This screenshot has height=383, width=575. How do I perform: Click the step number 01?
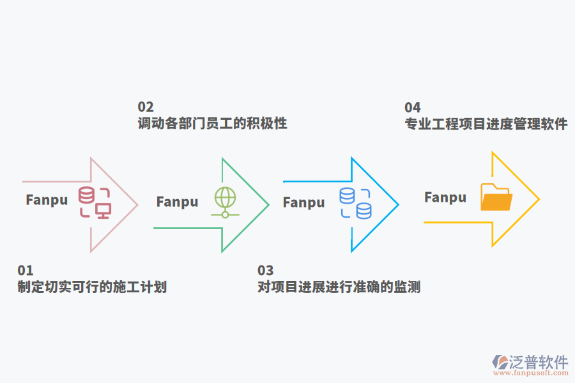pyautogui.click(x=26, y=271)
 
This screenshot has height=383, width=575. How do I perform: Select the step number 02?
pyautogui.click(x=146, y=107)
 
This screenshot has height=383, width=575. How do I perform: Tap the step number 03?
pyautogui.click(x=265, y=271)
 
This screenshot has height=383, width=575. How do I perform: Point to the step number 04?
pyautogui.click(x=413, y=107)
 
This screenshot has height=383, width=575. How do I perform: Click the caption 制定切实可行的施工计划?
pyautogui.click(x=92, y=287)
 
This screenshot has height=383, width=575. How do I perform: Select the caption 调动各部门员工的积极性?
pyautogui.click(x=212, y=123)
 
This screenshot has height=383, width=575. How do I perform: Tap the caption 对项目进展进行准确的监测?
pyautogui.click(x=339, y=287)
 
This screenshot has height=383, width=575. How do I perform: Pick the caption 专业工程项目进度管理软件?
pyautogui.click(x=486, y=124)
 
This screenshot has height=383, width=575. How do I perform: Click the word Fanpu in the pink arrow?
pyautogui.click(x=47, y=200)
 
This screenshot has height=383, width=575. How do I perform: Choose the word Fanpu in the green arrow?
pyautogui.click(x=177, y=202)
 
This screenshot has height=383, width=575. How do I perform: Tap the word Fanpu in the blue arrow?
pyautogui.click(x=304, y=202)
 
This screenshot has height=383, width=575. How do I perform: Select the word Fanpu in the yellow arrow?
pyautogui.click(x=445, y=197)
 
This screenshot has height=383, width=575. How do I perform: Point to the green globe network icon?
pyautogui.click(x=225, y=202)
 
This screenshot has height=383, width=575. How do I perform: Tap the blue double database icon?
pyautogui.click(x=355, y=204)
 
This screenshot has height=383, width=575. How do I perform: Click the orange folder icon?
pyautogui.click(x=496, y=197)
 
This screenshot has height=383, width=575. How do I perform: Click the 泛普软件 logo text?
pyautogui.click(x=538, y=363)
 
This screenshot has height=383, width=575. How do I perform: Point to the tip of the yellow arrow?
pyautogui.click(x=539, y=199)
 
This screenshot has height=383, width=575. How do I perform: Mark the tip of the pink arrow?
pyautogui.click(x=138, y=204)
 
